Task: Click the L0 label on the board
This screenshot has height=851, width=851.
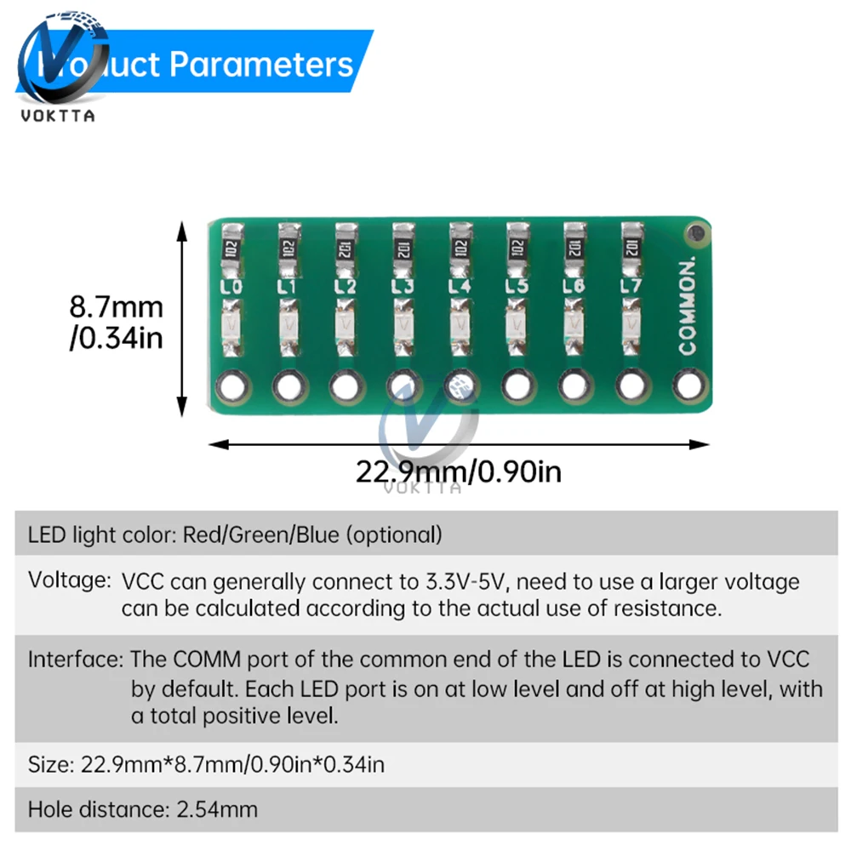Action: coord(231,287)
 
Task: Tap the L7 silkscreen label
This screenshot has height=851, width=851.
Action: coord(630,286)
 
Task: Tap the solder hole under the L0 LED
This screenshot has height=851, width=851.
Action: coord(231,387)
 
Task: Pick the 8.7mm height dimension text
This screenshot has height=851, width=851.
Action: coord(116,306)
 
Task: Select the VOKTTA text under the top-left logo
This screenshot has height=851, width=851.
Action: coord(59,116)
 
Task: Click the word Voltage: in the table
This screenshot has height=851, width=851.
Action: coord(69,582)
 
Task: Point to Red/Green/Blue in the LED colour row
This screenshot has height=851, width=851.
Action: coord(261,534)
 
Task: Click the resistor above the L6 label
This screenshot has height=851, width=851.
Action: coord(573,247)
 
